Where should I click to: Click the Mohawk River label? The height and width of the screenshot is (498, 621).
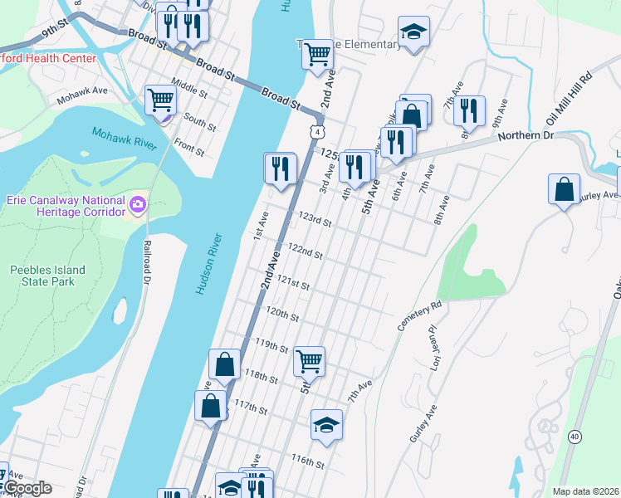coord(124,139)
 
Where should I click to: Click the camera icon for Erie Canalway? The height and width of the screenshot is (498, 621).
coord(138,203)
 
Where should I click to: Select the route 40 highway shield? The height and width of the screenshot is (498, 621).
coord(575,436)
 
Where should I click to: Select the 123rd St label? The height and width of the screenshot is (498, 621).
coord(315,221)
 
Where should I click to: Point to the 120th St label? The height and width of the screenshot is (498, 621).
coord(282,315)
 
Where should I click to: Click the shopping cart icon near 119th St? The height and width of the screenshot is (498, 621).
coord(309,361)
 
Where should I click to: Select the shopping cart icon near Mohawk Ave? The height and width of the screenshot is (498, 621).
coord(160,100)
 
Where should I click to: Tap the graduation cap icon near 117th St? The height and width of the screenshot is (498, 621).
coord(327,424)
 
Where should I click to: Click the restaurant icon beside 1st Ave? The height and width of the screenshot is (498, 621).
coord(280,168)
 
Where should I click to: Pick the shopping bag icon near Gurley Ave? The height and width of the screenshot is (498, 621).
coord(564,188)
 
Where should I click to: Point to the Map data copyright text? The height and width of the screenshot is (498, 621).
coord(585,491)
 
